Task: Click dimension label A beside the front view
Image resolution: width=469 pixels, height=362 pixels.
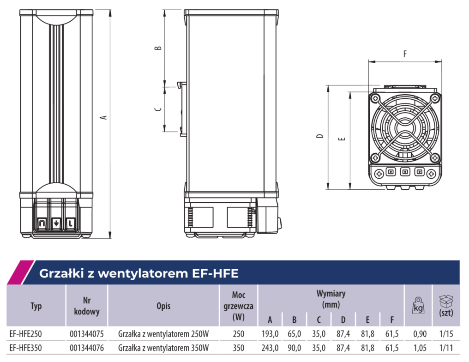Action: [103, 117]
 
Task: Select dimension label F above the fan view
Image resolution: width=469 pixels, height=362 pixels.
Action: [405, 54]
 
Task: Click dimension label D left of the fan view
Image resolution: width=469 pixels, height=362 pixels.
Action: [320, 136]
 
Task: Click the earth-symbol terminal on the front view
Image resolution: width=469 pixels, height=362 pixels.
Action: [56, 223]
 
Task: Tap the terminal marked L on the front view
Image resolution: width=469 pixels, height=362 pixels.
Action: [71, 223]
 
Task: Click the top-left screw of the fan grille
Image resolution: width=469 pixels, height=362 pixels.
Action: [375, 98]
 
